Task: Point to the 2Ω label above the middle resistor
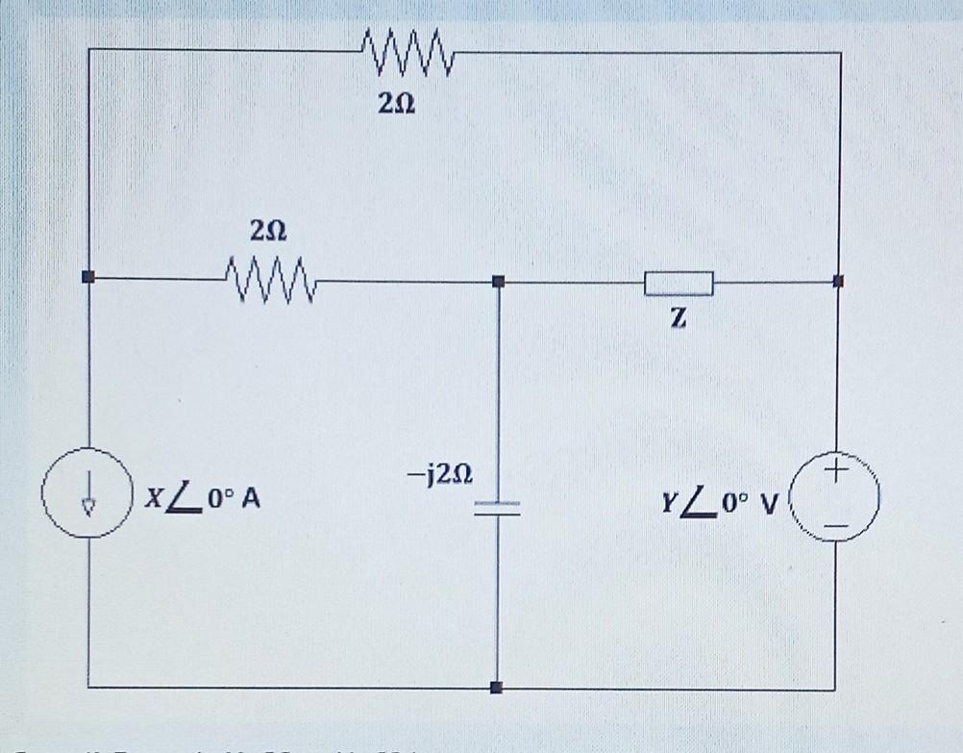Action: click(267, 232)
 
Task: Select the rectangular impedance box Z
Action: click(679, 283)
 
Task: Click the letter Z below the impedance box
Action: click(679, 321)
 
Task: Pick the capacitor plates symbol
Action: click(498, 509)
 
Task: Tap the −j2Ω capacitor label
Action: click(438, 475)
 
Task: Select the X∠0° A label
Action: click(202, 501)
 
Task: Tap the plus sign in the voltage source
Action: click(836, 471)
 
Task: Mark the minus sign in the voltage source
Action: click(836, 527)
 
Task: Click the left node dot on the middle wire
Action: click(89, 278)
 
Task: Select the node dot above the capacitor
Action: click(498, 281)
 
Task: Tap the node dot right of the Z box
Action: click(838, 281)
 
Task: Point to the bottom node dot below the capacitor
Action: click(497, 688)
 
